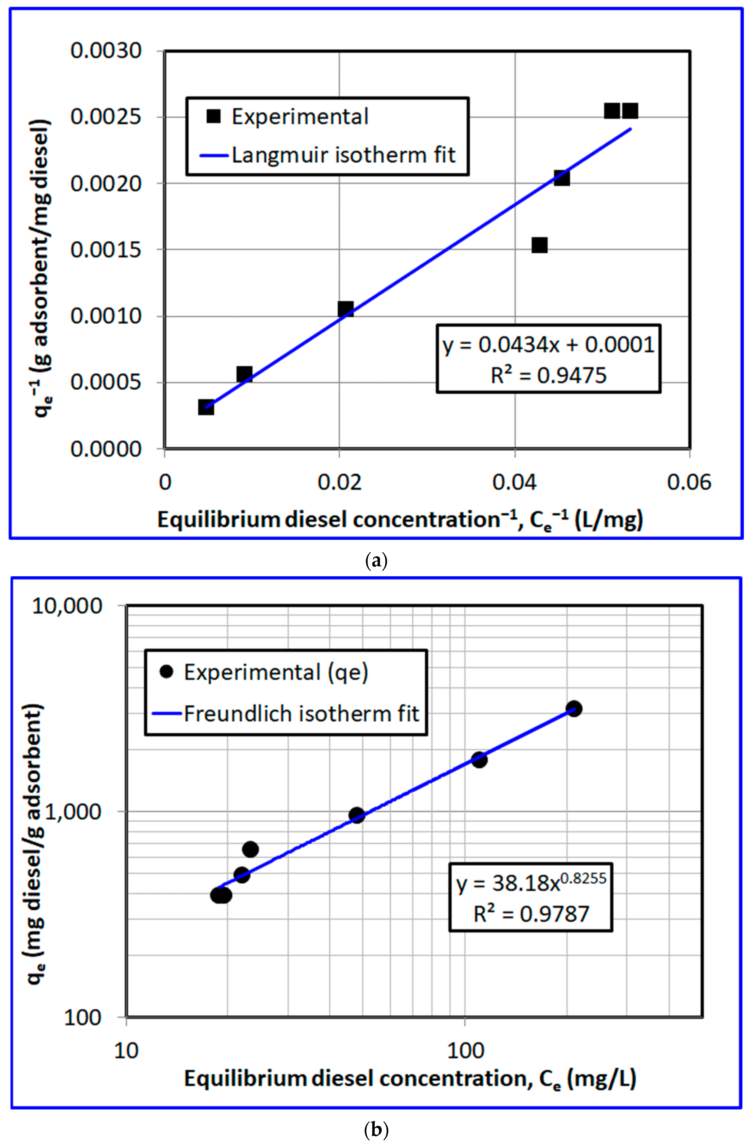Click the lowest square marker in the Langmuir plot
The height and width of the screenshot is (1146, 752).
[x=206, y=407]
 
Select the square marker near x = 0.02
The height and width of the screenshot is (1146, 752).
[x=345, y=309]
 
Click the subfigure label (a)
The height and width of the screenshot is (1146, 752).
[x=376, y=561]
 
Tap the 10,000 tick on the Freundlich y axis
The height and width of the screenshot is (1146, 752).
[x=67, y=606]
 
